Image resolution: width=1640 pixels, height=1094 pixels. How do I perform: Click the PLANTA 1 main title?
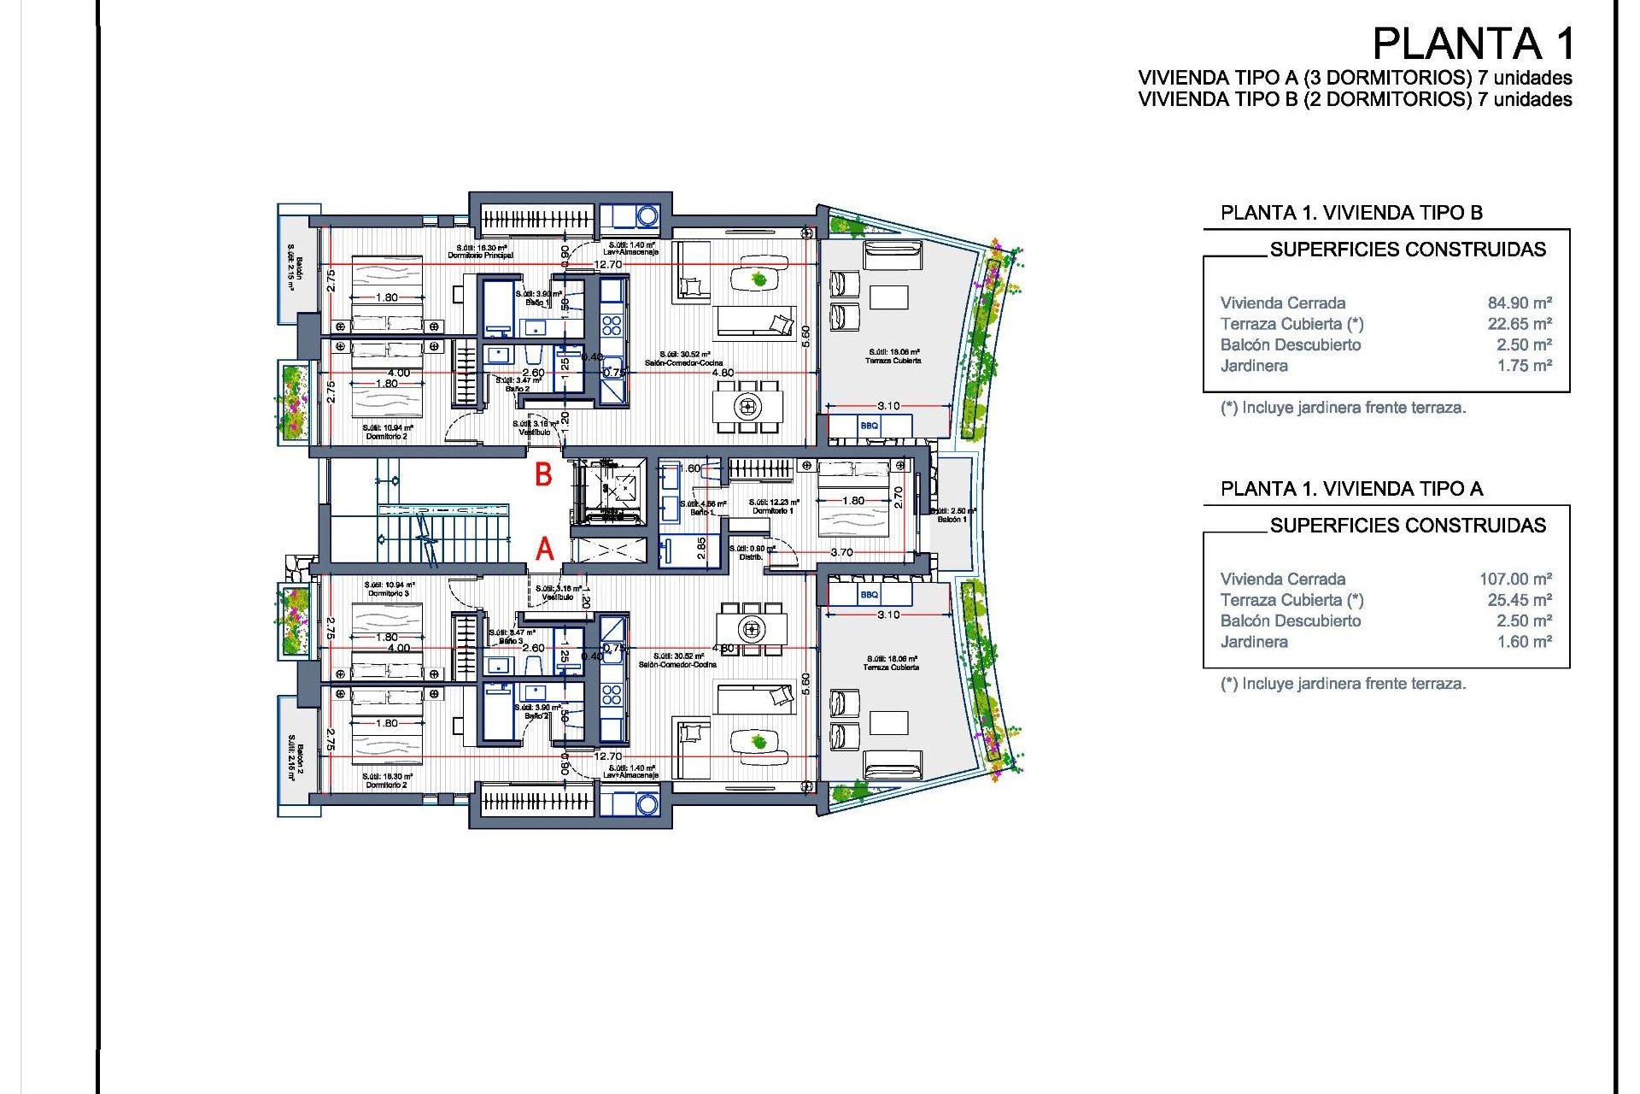[x=1473, y=44]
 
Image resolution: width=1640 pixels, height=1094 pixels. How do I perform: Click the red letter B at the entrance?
[x=543, y=474]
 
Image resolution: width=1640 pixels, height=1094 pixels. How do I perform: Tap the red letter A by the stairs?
[x=544, y=549]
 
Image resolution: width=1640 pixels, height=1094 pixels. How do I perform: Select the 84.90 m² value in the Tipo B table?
[x=1520, y=303]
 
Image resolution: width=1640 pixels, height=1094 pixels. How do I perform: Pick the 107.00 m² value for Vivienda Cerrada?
[x=1515, y=579]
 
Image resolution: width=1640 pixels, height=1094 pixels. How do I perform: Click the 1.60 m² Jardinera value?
[x=1524, y=642]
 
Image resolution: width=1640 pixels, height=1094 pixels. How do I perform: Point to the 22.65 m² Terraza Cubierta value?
[x=1520, y=324]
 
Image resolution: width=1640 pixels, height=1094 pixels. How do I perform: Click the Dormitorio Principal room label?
[x=480, y=256]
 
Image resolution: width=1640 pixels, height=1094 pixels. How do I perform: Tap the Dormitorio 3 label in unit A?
[x=389, y=593]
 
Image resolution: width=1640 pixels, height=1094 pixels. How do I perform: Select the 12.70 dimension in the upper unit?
[x=608, y=265]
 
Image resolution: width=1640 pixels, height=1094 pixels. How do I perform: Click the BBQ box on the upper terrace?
[x=870, y=426]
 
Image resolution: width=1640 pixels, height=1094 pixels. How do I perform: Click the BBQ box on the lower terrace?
[x=870, y=594]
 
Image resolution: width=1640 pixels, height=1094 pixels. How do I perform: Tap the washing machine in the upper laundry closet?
[x=647, y=216]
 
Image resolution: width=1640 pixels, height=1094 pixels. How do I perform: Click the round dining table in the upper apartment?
[x=748, y=406]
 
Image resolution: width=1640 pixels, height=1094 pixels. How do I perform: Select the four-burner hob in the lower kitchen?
[x=612, y=693]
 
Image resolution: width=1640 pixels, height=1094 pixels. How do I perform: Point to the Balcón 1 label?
[x=952, y=519]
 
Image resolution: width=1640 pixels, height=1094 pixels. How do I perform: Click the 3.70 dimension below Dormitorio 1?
[x=841, y=552]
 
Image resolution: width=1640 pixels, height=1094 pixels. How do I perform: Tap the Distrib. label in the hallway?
[x=751, y=556]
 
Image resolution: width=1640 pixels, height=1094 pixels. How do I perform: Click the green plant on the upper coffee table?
[x=758, y=279]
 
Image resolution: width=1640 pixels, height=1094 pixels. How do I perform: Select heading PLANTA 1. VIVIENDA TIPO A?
[x=1351, y=489]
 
